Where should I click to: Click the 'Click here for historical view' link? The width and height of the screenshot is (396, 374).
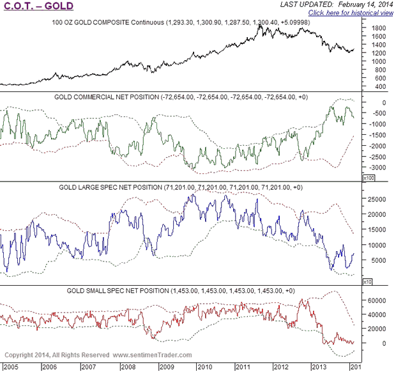tap(350, 13)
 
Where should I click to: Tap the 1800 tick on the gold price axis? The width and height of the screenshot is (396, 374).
tap(379, 28)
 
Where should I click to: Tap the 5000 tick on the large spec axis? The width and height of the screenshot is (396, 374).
tap(377, 260)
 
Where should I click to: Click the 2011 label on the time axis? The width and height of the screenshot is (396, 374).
tap(243, 368)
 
